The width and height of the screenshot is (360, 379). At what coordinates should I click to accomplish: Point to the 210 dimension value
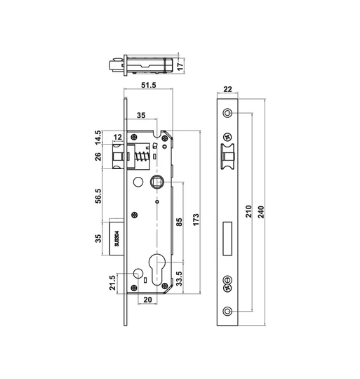click(x=248, y=214)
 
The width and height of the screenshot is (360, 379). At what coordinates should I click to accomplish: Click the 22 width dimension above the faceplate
click(x=227, y=89)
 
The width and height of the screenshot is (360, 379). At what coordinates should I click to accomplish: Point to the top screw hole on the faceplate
click(x=227, y=113)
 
